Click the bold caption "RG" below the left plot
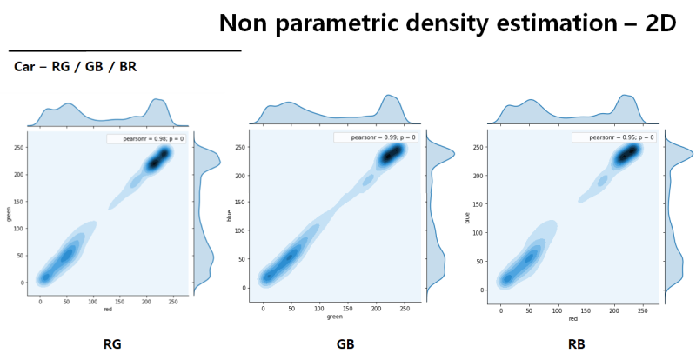pos(112,343)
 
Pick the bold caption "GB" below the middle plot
pos(345,343)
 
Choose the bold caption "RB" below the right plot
pos(577,343)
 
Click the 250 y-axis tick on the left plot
pos(18,148)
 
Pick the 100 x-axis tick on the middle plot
pos(321,307)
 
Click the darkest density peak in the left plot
pos(157,162)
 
